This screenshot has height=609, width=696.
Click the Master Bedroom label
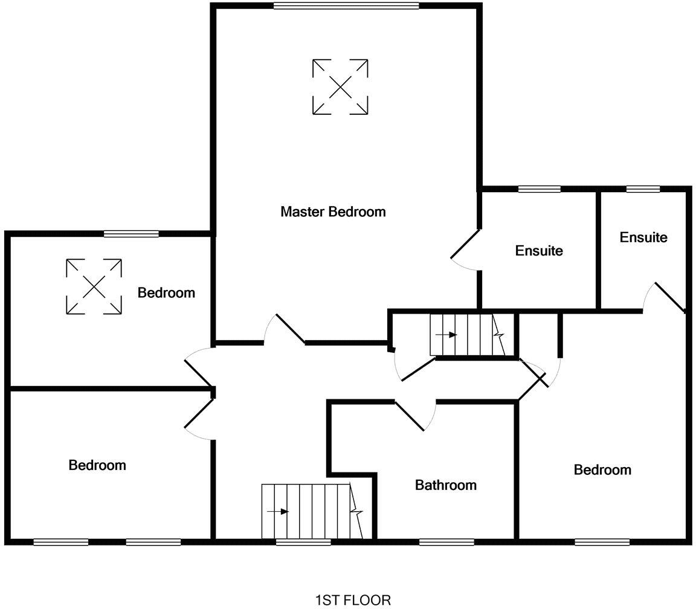click(333, 212)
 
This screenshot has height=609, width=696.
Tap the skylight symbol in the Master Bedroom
click(340, 86)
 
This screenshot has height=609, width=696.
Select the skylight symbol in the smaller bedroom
click(94, 286)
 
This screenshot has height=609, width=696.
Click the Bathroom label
click(445, 485)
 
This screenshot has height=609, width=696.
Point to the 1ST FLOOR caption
click(353, 600)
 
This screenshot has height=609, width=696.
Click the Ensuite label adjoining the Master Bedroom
click(539, 251)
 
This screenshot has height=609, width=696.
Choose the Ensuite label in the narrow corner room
click(643, 237)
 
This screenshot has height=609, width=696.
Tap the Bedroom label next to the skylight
click(166, 293)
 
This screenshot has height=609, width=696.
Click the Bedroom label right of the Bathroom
click(602, 470)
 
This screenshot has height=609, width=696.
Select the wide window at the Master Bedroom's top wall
click(346, 6)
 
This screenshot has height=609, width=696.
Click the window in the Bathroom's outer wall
click(446, 542)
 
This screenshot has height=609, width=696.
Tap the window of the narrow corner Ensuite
click(643, 189)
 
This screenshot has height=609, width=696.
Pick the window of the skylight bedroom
click(131, 234)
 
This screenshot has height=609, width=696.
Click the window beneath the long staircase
click(303, 542)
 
